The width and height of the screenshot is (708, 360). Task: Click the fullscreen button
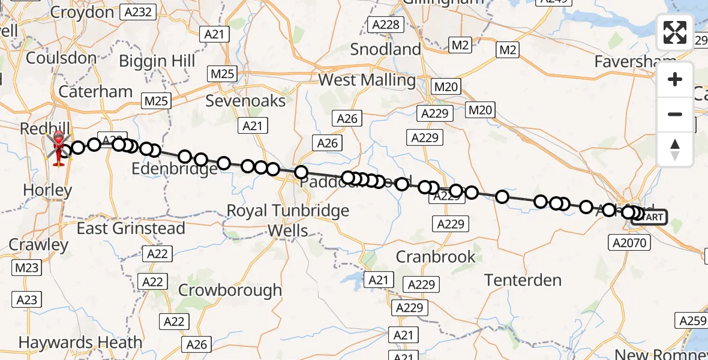coord(675,32)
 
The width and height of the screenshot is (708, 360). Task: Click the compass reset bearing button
coord(675,149)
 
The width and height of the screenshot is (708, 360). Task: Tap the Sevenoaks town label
coord(245,100)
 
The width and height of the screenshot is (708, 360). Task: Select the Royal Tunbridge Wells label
coord(288,220)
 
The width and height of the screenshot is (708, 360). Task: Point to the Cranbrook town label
coord(436,257)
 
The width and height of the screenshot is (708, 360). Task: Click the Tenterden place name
coord(523,280)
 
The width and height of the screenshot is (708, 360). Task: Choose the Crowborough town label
coord(230,290)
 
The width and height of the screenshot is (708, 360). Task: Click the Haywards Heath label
coord(80,343)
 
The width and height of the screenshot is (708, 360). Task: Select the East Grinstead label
coord(131,229)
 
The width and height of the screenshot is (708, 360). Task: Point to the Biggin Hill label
coord(157,61)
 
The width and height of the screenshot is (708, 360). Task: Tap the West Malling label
coord(367,80)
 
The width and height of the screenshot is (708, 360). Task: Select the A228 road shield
coord(385,25)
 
